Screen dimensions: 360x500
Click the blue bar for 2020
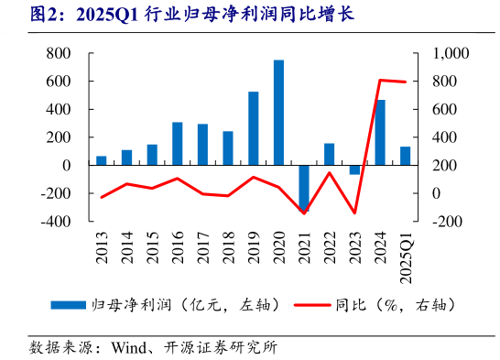click(x=278, y=112)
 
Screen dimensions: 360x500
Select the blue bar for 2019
click(x=253, y=128)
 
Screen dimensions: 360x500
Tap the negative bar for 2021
click(x=304, y=188)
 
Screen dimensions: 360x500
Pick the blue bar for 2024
click(x=379, y=132)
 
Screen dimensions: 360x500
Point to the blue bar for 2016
click(x=177, y=143)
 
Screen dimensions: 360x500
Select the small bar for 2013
click(x=102, y=160)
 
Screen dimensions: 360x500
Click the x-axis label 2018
click(x=228, y=245)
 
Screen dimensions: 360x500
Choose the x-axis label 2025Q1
click(x=406, y=252)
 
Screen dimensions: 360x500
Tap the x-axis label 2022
click(x=330, y=245)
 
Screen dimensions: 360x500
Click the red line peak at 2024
click(x=379, y=81)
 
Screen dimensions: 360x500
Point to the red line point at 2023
click(x=354, y=213)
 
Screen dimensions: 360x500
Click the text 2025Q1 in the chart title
click(x=107, y=16)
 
